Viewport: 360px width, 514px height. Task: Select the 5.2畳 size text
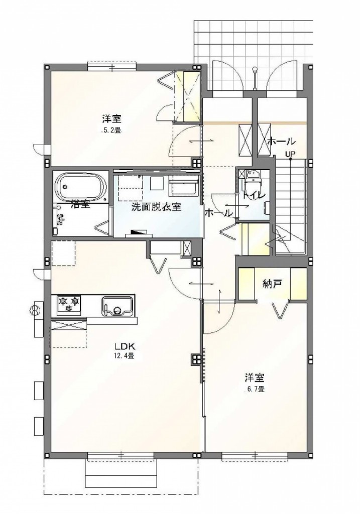tap(111, 131)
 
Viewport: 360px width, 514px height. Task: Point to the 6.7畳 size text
tap(255, 390)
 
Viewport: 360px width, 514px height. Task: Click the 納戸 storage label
tap(273, 284)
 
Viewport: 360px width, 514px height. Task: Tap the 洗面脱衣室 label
tap(156, 207)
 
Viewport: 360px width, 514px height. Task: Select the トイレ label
tap(254, 195)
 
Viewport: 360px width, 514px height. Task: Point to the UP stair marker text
tap(290, 154)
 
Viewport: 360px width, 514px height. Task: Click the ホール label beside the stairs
tap(281, 142)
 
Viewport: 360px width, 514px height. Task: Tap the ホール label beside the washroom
tap(218, 213)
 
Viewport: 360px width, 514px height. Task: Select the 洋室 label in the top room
tap(111, 118)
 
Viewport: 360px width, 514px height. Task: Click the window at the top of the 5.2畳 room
tap(112, 67)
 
